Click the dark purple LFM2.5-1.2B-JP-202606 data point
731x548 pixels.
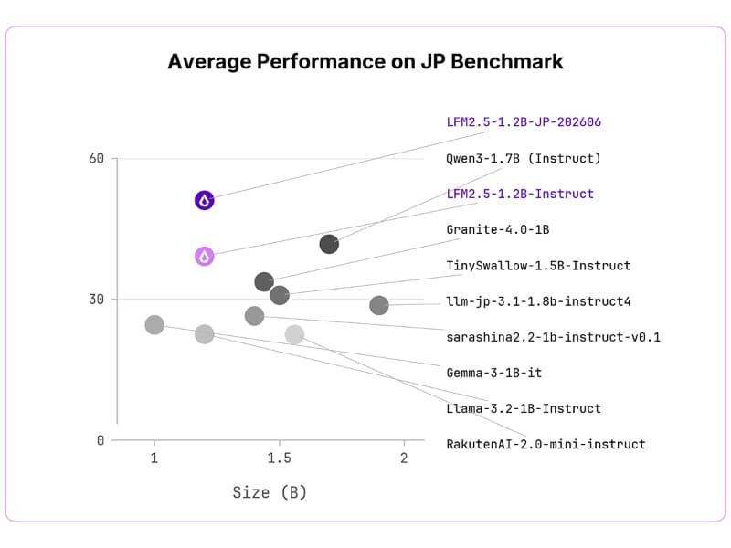[204, 200]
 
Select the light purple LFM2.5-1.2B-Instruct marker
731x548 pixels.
[204, 257]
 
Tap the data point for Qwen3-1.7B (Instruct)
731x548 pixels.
[329, 244]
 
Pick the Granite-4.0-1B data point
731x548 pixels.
[264, 281]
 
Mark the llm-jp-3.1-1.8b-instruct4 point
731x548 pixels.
[379, 305]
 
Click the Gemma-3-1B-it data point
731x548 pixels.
[154, 324]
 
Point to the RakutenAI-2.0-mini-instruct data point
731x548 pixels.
[294, 334]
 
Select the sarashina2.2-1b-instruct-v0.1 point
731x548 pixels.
[255, 316]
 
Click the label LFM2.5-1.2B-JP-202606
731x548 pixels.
[524, 122]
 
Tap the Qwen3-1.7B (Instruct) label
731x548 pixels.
[523, 158]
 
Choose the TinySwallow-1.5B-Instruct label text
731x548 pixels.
[538, 266]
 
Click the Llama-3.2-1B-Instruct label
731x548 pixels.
[524, 408]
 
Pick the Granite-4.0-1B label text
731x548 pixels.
[498, 230]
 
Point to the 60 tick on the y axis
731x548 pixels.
[96, 158]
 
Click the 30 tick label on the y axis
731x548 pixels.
[96, 300]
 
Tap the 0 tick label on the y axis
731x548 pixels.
[101, 440]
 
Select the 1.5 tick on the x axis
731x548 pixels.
[280, 458]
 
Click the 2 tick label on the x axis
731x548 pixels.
[404, 458]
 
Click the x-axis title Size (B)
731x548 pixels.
[270, 492]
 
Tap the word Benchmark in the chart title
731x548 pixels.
[507, 61]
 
